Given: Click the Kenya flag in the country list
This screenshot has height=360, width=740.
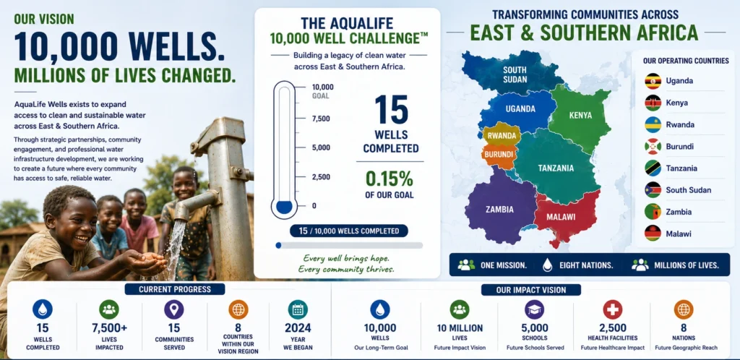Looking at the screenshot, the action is pos(653,103).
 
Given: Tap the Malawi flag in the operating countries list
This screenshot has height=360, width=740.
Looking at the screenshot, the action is pos(653,233).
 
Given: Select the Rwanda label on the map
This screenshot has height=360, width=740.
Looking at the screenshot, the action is pos(502,135).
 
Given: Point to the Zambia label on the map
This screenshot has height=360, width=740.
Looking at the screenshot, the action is pos(500,210).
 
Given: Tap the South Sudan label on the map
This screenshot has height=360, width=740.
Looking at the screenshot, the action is pos(515,74).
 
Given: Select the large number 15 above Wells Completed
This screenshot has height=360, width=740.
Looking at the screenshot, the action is pos(391,110).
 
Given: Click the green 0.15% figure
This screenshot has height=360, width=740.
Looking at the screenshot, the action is pos(390,179).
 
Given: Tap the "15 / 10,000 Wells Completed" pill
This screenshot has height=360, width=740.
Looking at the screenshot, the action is pos(349,231).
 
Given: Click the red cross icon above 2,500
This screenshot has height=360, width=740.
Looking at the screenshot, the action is pos(612,309).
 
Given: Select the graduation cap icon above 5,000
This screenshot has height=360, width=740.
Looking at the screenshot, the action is pos(534,309).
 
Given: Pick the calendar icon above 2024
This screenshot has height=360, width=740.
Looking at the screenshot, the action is pos(298,309).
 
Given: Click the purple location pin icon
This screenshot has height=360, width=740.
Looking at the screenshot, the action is pos(173,309).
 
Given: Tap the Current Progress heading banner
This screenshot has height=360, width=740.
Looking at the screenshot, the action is pos(175,289).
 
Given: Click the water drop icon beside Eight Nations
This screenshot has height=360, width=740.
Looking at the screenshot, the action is pos(548,265).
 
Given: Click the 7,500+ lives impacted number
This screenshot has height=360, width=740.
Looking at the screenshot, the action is pos(109,328).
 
